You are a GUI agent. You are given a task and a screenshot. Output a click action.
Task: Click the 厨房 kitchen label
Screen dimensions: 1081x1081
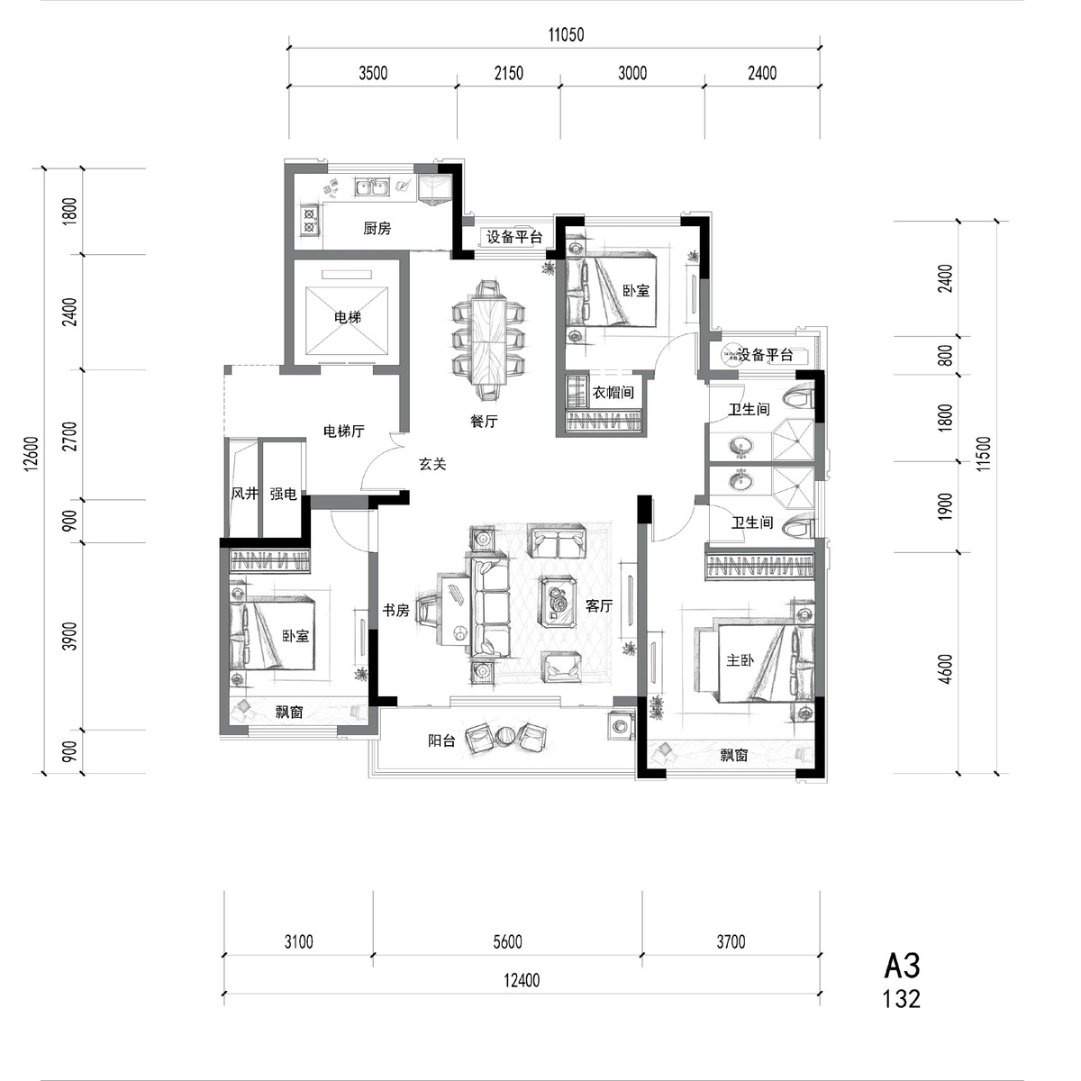[377, 228]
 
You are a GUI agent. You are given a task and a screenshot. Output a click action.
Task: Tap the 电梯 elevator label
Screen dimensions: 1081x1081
[347, 317]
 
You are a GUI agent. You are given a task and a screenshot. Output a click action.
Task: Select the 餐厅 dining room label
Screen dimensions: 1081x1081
[484, 421]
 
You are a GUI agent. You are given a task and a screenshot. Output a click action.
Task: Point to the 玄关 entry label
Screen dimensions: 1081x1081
[432, 464]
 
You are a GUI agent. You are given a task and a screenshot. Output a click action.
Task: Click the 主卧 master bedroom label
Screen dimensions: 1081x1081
[740, 660]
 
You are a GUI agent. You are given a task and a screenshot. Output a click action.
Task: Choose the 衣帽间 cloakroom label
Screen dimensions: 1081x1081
[613, 392]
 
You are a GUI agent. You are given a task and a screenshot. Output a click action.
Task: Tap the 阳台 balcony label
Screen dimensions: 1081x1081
[441, 740]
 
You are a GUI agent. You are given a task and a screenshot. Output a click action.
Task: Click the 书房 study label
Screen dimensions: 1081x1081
[395, 610]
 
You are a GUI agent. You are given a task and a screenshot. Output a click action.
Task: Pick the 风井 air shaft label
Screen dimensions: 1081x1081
[245, 494]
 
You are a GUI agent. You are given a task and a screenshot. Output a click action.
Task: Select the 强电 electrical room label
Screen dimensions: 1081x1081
[283, 494]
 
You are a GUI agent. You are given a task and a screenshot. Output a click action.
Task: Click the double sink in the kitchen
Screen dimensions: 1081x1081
[371, 186]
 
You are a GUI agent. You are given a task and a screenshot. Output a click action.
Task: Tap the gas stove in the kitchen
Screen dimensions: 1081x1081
[309, 220]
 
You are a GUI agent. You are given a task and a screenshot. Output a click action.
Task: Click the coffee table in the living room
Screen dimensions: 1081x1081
[559, 602]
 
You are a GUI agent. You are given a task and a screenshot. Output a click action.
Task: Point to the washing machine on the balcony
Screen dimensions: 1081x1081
[620, 727]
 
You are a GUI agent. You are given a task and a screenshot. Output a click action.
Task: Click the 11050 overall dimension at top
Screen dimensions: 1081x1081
[566, 35]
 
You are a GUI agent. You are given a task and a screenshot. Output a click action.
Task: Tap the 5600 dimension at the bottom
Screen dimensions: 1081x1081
[507, 942]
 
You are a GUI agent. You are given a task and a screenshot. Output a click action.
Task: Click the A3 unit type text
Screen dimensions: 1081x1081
[902, 966]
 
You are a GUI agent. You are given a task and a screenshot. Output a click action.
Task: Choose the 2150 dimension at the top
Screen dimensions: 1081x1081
[508, 73]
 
